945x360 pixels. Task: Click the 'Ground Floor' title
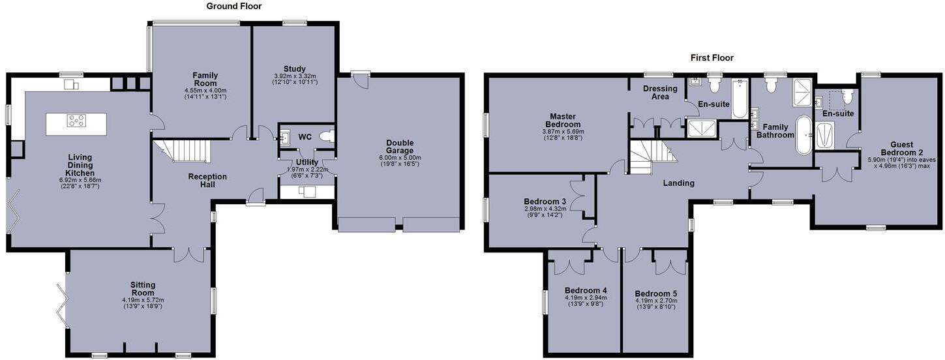(234, 7)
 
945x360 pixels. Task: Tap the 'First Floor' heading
(712, 58)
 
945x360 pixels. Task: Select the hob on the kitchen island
(77, 120)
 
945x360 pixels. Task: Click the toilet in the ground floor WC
(328, 137)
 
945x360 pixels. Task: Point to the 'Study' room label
(294, 69)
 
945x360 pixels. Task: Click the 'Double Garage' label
(400, 147)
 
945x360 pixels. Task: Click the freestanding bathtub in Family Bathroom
(803, 135)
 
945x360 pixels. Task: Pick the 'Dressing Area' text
(659, 93)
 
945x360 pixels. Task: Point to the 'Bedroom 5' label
(655, 293)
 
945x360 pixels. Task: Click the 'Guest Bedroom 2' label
(901, 149)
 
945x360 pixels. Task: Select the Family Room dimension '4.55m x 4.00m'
(205, 91)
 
